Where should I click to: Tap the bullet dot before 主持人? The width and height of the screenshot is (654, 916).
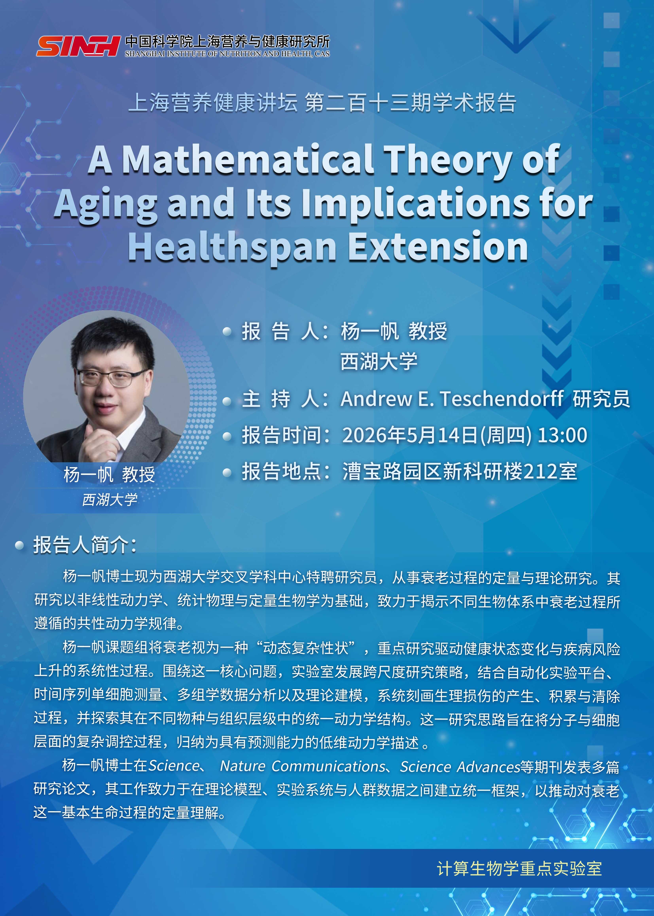click(227, 401)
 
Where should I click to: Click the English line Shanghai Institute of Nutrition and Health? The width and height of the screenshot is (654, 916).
click(227, 54)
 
